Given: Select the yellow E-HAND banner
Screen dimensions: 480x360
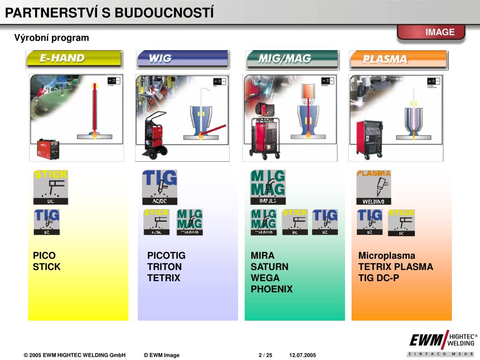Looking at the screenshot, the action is [74, 59].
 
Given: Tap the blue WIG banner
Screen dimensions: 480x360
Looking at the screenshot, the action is [182, 59].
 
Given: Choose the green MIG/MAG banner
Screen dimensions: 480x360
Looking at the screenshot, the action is [292, 59].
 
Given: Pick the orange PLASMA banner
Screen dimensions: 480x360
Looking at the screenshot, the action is [398, 60].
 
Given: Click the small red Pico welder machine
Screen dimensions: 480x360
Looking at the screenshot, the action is [48, 149].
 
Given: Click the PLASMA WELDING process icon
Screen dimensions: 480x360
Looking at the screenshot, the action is [374, 187].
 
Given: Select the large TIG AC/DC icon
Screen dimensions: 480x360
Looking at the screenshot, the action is [160, 187].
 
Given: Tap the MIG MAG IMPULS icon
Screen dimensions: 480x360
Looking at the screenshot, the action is [268, 187].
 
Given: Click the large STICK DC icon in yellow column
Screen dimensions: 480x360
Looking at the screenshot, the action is [51, 187].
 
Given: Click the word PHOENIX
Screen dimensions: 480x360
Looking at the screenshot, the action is [271, 289].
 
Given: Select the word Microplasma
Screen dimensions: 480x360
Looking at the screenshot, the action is [387, 255].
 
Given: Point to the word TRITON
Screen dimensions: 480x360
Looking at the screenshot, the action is [165, 267].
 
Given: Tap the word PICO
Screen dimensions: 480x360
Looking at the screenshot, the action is [44, 255].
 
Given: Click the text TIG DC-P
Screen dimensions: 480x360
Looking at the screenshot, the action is [379, 278].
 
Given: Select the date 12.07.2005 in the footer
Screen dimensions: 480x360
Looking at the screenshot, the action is [302, 355].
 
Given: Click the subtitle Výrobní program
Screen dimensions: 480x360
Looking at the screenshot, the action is [52, 38].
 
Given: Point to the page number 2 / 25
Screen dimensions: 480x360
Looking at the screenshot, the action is [265, 355].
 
